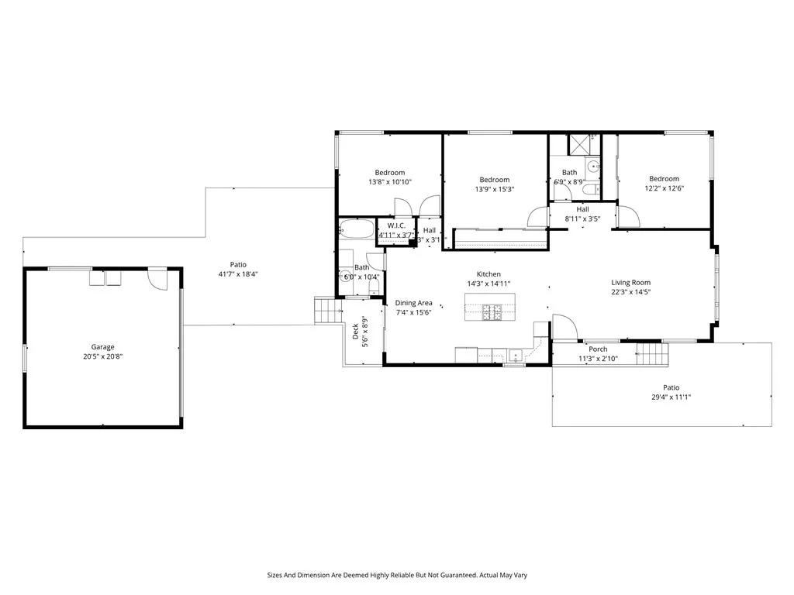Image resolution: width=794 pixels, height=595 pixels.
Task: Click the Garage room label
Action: point(102,347)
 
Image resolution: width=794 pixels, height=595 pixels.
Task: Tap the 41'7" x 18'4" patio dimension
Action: point(237,273)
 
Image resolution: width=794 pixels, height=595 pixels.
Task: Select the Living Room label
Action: point(630,283)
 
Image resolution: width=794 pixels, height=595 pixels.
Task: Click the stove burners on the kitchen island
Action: point(490,312)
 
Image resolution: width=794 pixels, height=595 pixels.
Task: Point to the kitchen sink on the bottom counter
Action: point(515,357)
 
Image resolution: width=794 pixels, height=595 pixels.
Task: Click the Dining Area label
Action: point(413,303)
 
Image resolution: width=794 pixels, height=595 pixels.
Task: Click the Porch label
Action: point(598,349)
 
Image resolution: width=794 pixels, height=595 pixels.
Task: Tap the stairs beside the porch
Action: point(652,355)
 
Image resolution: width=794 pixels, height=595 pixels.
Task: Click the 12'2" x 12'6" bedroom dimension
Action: point(664,188)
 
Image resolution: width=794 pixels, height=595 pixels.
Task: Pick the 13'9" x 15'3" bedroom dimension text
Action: point(494,189)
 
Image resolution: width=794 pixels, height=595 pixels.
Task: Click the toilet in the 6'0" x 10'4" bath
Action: point(374,287)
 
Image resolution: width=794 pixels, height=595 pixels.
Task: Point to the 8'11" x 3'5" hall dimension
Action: point(582,218)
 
